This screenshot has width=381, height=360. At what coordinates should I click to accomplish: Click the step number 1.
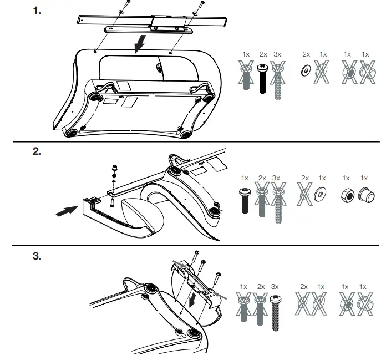coord(37,10)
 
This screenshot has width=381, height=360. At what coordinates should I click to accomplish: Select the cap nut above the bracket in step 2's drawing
coord(114,167)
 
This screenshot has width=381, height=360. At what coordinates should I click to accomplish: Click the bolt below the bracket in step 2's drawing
coord(113,202)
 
